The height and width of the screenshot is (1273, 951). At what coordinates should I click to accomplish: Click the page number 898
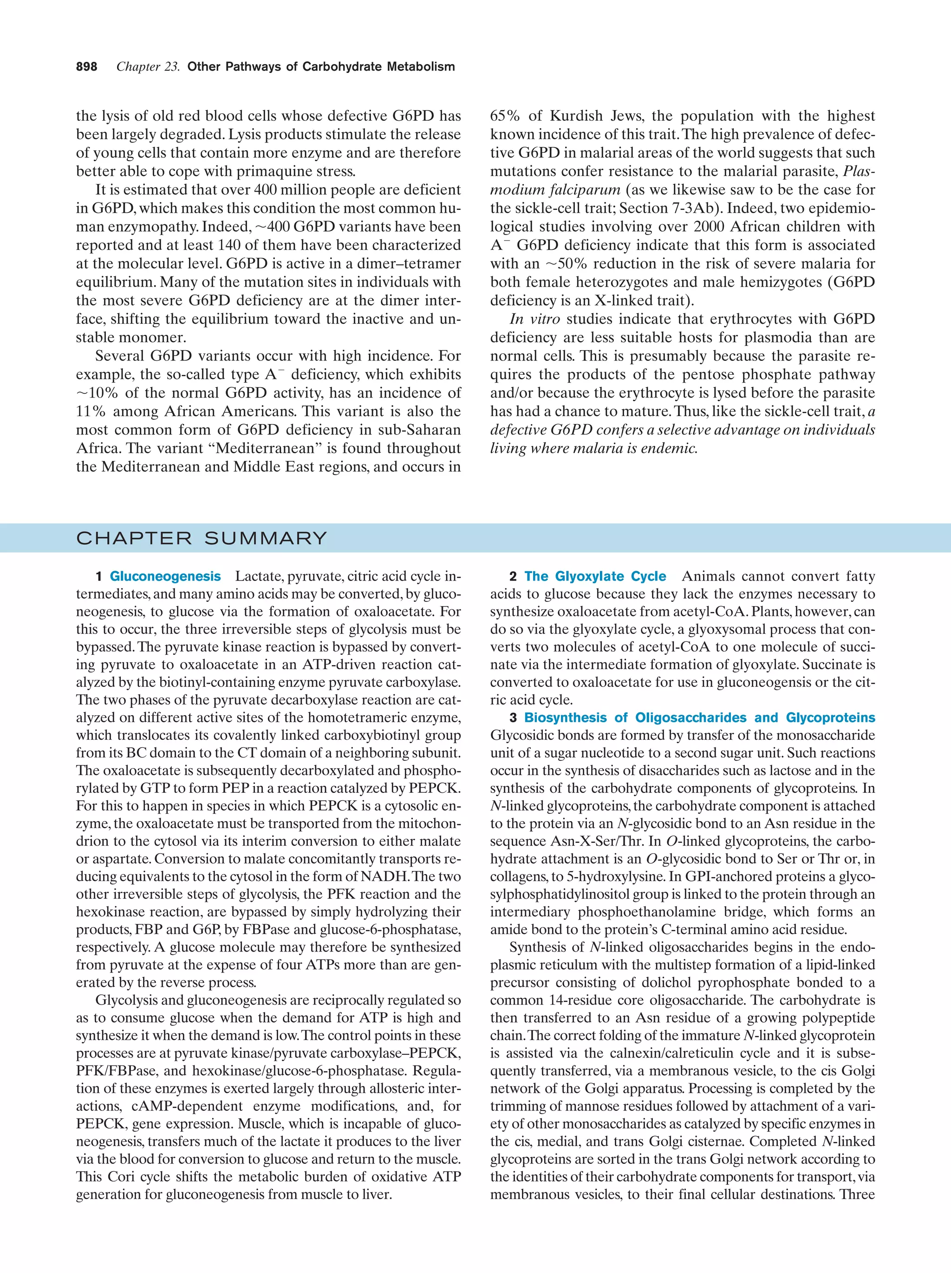(86, 67)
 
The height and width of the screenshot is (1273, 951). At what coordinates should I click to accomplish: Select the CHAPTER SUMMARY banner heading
(202, 539)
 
